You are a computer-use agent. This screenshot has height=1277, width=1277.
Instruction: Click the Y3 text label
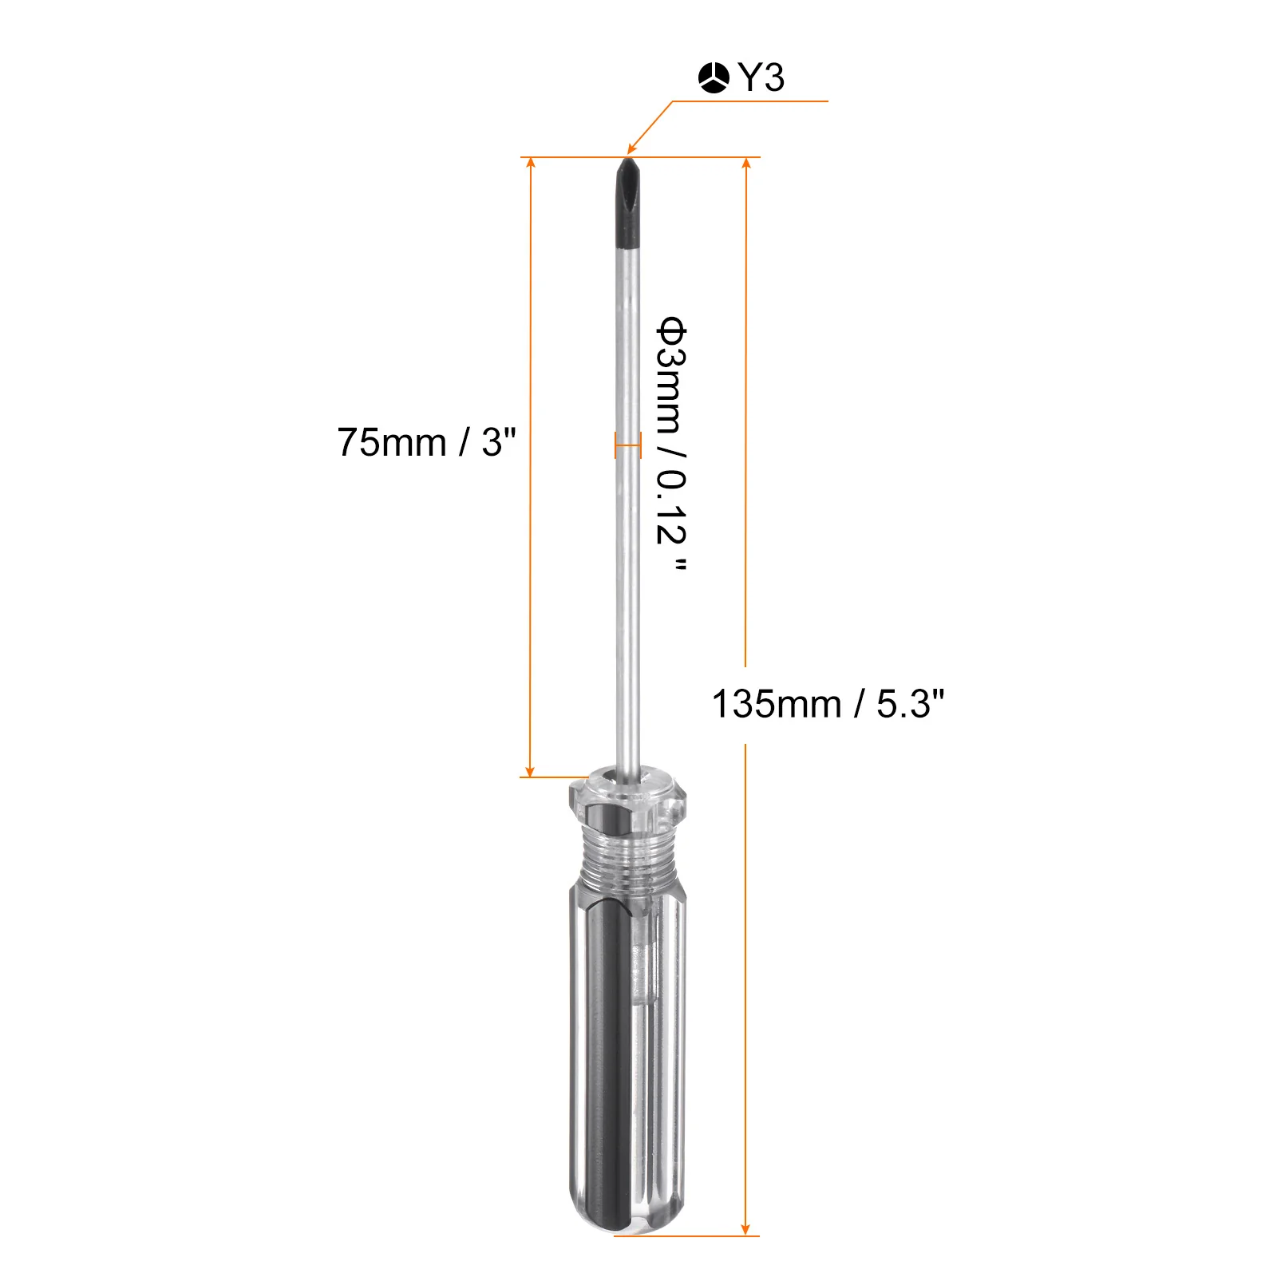tap(761, 78)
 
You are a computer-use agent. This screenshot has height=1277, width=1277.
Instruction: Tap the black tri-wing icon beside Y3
tap(714, 78)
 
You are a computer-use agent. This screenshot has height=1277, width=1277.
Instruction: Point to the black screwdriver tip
tap(629, 203)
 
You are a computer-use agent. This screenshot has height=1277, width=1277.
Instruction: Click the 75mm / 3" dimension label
tap(426, 442)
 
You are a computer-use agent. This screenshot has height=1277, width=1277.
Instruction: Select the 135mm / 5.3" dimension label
tap(828, 704)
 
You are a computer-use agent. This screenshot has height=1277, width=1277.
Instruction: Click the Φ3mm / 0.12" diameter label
tap(671, 444)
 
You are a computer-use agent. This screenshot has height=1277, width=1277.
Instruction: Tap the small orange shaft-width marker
tap(628, 445)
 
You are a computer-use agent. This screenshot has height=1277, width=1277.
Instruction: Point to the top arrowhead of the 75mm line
tap(531, 164)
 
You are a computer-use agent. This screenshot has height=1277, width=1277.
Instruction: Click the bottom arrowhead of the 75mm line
tap(531, 770)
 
